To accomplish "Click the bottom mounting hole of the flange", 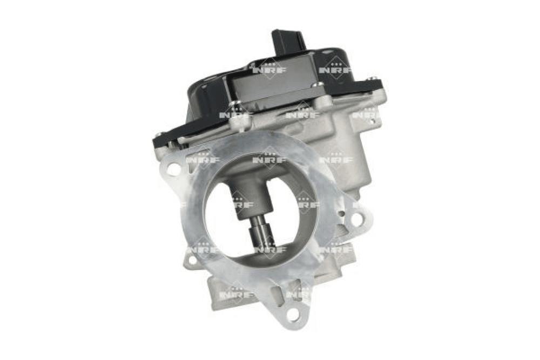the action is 293,314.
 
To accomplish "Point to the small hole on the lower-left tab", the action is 192,260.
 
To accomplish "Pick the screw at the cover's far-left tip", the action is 160,134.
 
